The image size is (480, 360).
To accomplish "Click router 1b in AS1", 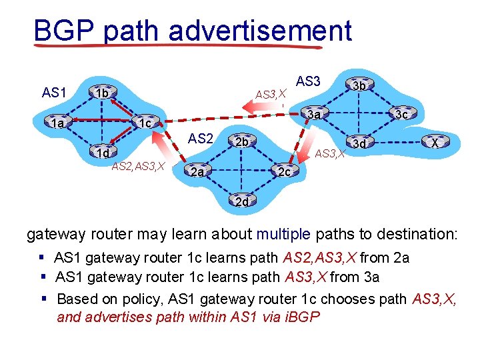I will tap(101, 93).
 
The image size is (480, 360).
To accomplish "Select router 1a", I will tap(59, 123).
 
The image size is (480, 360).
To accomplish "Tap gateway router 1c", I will tap(144, 123).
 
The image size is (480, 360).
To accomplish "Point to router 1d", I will tap(102, 154).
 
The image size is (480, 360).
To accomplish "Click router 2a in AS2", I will tap(195, 173).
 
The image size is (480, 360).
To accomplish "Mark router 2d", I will tap(241, 201).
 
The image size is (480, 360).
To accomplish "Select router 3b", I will tap(359, 85).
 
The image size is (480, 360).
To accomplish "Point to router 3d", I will tap(359, 144).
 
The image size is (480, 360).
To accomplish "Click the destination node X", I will tap(434, 144).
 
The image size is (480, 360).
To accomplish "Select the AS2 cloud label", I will tap(200, 139).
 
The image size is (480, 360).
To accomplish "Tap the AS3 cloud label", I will tap(308, 81).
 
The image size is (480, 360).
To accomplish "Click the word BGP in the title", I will tap(63, 31).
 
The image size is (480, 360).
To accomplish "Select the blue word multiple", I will tap(284, 234).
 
